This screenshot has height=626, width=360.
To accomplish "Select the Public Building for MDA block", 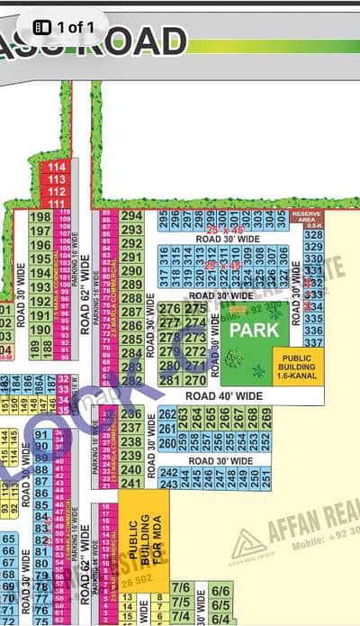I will [x=144, y=532].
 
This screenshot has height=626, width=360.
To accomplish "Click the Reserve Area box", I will [x=307, y=219].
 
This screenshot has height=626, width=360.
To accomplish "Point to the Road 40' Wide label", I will [x=224, y=395].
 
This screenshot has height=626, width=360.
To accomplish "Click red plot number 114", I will [x=57, y=168].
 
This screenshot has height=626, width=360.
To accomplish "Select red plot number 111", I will [x=57, y=204].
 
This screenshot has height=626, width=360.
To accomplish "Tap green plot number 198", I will [x=41, y=218].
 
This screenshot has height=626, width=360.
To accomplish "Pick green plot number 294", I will [x=131, y=217].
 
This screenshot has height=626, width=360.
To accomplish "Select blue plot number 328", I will [x=313, y=235].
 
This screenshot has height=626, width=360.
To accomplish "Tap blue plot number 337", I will [x=313, y=342].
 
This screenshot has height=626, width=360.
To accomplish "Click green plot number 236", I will [x=131, y=413].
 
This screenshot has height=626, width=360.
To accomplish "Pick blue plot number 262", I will [x=167, y=413].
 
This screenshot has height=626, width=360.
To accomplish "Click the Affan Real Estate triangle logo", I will [x=244, y=544].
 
